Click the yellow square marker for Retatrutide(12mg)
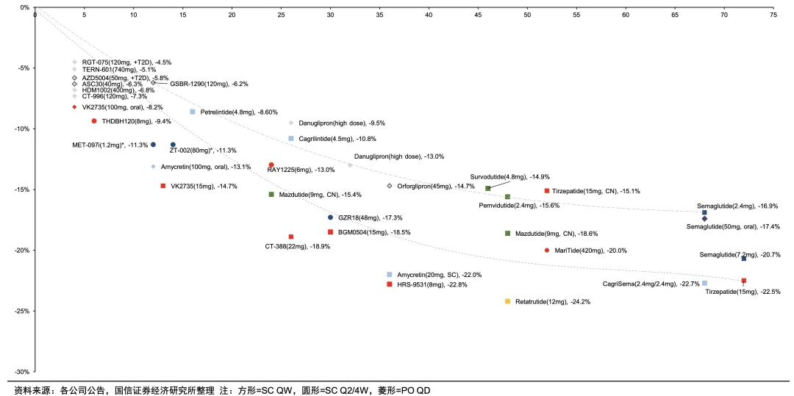pos(507,301)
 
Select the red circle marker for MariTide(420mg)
pos(547,251)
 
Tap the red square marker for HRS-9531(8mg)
pos(389,284)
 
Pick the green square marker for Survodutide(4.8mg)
pos(487,188)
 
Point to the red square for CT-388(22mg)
pos(291,237)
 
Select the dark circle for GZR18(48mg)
pos(330,217)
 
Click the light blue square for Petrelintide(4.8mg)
pos(193,112)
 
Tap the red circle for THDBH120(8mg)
pos(94,121)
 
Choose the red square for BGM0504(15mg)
pos(330,232)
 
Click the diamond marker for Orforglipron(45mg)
pos(390,186)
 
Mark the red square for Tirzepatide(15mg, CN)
pos(547,191)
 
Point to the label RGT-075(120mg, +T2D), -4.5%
pos(126,62)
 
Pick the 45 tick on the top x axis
pos(478,15)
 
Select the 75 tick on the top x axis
pos(773,15)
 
